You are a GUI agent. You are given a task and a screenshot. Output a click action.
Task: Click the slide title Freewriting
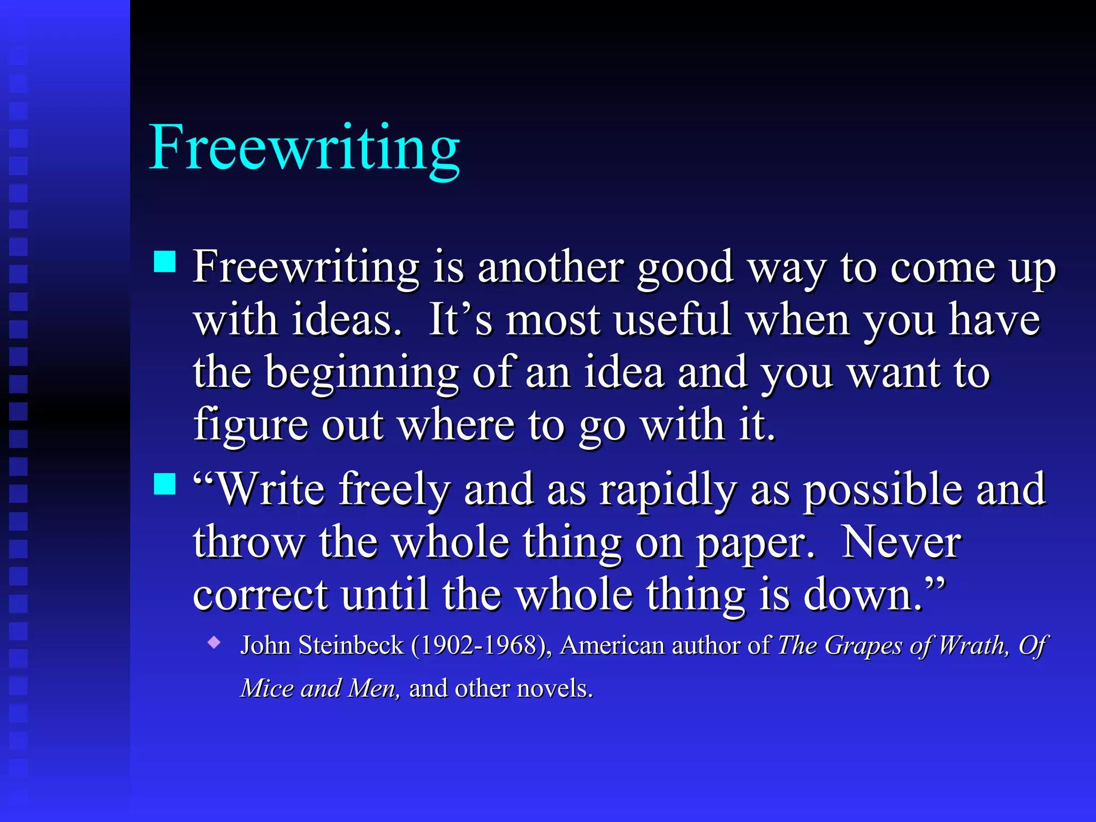coord(304,148)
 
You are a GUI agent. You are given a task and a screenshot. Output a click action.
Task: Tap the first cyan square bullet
coord(165,262)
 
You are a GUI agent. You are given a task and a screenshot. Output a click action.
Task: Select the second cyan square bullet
coord(165,484)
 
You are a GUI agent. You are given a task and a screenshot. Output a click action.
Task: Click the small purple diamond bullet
coord(215,642)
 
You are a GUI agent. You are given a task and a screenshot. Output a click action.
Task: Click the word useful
coord(672,320)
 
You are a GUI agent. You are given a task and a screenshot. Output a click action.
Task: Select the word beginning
coord(362,374)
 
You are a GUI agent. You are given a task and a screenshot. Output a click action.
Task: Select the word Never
coord(901,542)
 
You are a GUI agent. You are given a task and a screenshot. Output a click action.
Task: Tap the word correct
coord(260,595)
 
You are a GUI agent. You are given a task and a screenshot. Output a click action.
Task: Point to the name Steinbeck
coord(351,645)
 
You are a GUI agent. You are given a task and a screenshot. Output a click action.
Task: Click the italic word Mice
coord(267,688)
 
